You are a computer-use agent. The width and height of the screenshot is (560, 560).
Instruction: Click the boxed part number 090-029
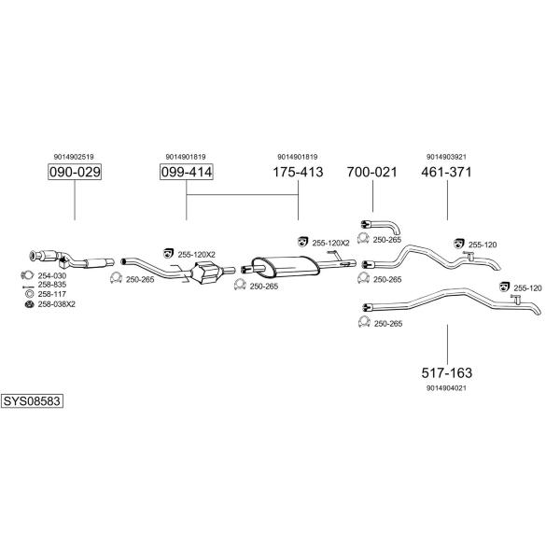coord(75,172)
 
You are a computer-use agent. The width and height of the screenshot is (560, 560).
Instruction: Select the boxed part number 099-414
coord(187,172)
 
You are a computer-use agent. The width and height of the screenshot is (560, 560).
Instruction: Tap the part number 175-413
coord(298,172)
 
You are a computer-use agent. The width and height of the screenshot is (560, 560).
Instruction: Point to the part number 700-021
coord(372,172)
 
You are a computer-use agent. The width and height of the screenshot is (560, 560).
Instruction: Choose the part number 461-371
coord(446,172)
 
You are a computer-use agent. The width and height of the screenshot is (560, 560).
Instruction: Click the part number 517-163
coord(447,372)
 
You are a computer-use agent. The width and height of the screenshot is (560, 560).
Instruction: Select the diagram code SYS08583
coord(32,401)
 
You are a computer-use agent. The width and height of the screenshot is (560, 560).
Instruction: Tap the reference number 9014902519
coord(74,157)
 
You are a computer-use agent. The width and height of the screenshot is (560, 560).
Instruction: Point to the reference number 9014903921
coord(446,157)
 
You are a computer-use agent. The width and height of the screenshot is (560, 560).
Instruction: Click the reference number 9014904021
coord(446,387)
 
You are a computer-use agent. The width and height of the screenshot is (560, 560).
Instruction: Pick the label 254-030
coord(52,275)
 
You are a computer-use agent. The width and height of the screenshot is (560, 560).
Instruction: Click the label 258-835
coord(52,285)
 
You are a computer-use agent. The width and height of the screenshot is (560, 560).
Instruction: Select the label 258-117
coord(52,294)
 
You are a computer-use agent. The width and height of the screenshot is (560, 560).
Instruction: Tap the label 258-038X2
coord(57,304)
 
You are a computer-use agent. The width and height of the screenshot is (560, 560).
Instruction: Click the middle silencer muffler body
coord(286,266)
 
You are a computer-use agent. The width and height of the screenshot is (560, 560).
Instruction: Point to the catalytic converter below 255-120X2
coord(205,273)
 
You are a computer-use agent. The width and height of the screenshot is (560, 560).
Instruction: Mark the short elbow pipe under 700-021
coord(381,226)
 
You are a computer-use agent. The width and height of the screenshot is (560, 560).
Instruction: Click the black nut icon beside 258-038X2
coord(29,304)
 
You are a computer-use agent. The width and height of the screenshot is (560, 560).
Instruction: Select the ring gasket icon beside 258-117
coord(29,294)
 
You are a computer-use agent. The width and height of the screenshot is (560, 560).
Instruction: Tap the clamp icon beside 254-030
coord(27,275)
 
